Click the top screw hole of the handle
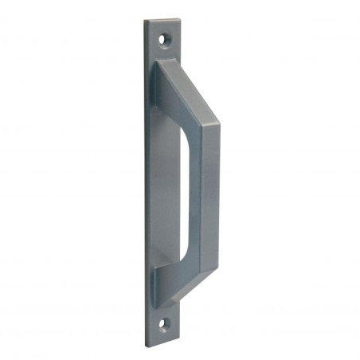click(166, 37)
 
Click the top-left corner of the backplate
click(144, 20)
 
